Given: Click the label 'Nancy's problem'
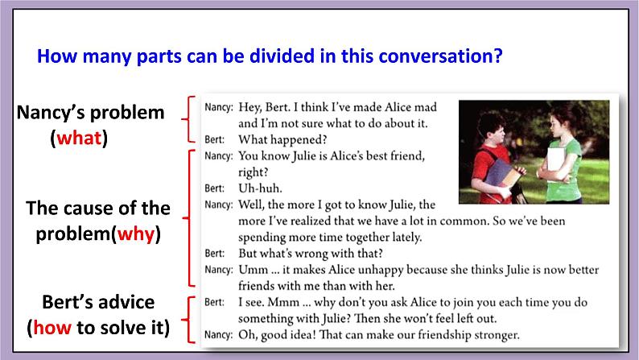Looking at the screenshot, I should point(90,113).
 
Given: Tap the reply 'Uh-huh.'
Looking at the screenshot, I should point(257,188).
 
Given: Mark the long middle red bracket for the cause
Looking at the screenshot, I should point(189,218).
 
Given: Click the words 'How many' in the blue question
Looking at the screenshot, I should point(77,57).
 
